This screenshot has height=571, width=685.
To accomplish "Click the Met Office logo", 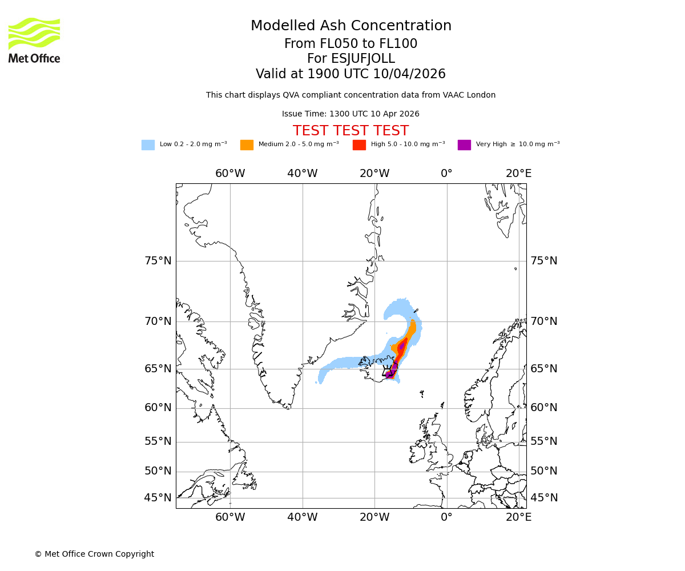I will [x=34, y=40].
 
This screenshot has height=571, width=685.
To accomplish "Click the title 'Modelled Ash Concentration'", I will [x=350, y=26].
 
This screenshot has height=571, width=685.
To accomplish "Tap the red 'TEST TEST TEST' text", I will [x=350, y=131].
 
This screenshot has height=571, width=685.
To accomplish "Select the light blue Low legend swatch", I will [x=148, y=144].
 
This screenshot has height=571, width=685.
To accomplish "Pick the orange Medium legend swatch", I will [x=247, y=144].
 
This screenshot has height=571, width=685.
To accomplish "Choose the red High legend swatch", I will [x=359, y=144].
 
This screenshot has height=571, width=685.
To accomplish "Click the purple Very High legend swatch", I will [x=464, y=144].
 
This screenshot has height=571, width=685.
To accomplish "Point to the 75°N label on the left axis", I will [x=158, y=261].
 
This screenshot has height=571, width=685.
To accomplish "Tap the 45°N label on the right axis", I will [x=544, y=498].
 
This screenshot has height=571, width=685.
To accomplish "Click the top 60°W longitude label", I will [x=230, y=174].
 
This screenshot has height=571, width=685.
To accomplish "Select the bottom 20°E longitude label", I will [x=518, y=517].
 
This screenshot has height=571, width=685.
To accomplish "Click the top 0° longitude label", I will [x=446, y=174].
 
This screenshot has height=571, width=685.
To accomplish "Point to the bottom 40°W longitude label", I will [x=302, y=517].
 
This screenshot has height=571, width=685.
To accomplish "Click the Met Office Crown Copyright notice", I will [x=94, y=554].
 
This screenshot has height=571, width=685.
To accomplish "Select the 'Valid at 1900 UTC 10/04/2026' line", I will [x=350, y=74].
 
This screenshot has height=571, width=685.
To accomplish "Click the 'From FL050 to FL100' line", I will [x=350, y=44].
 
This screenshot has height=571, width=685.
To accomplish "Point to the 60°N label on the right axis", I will [x=544, y=408].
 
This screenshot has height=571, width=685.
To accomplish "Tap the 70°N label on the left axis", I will [x=158, y=321].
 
